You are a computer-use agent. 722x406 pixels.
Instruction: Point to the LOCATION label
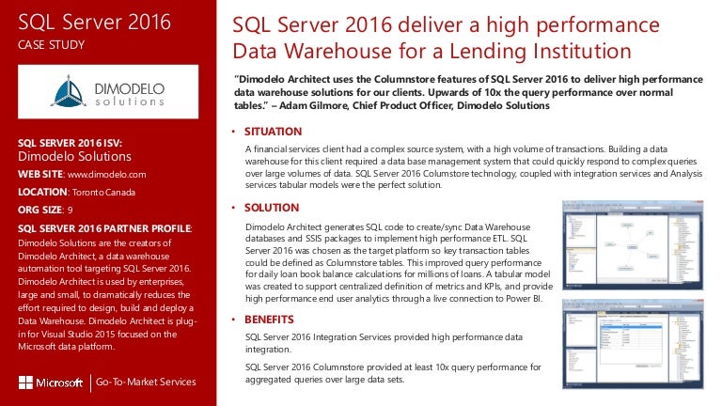(42, 191)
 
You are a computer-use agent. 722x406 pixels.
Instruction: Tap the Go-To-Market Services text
(147, 382)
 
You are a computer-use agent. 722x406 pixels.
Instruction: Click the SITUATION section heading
(273, 132)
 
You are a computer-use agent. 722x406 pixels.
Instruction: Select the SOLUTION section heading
(272, 207)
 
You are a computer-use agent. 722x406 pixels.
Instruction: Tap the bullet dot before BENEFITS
(233, 320)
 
